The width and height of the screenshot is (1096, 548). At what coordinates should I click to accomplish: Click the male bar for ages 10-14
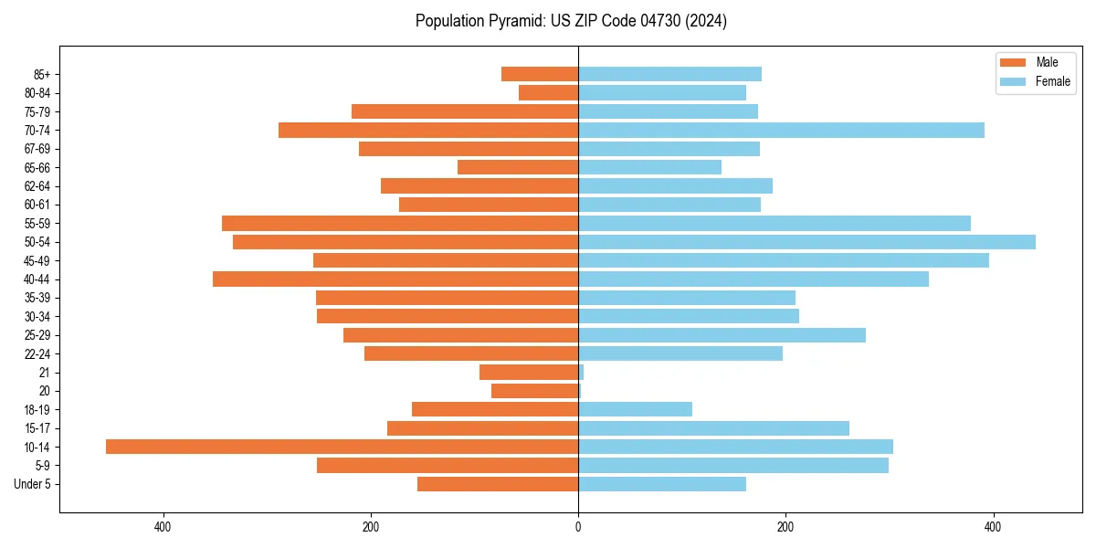tap(342, 447)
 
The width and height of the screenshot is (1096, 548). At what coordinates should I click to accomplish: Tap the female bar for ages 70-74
tap(781, 130)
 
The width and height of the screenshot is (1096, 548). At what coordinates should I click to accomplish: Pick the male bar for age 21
tap(529, 373)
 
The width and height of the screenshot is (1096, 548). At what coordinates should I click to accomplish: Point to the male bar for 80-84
tap(548, 92)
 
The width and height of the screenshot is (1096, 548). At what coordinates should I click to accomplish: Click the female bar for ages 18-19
tap(635, 409)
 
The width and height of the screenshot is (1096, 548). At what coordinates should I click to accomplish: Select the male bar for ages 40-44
tap(395, 279)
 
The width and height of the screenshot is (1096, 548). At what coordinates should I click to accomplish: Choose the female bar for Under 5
tap(662, 484)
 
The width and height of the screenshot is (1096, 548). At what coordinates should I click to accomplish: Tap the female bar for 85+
tap(669, 74)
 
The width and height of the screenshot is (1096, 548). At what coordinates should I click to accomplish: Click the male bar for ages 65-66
tap(518, 167)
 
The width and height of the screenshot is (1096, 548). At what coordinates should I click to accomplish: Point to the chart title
tap(571, 21)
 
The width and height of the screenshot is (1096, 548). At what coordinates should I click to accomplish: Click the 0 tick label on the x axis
tap(578, 527)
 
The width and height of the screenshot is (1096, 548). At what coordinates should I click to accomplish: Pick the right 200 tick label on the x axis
tap(785, 527)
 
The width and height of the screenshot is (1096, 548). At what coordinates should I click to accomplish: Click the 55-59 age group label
tap(37, 224)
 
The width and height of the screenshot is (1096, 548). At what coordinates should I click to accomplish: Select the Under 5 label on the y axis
tap(33, 484)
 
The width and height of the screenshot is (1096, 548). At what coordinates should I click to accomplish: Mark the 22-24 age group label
tap(37, 354)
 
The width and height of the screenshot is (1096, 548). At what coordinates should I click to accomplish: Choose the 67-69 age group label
tap(37, 149)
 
